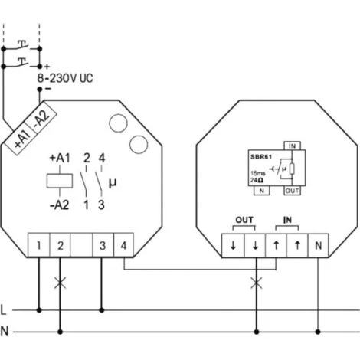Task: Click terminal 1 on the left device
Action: click(38, 246)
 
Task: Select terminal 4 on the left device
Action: click(123, 246)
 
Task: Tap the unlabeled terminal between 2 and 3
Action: click(80, 246)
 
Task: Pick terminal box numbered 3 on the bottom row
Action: click(102, 246)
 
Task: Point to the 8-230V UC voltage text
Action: click(67, 77)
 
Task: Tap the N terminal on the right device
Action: click(319, 246)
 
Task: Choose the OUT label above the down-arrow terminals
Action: click(244, 220)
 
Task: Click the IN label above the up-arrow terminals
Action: click(286, 220)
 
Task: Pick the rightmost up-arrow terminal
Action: click(297, 246)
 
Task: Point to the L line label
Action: click(5, 310)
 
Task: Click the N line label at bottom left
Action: click(5, 332)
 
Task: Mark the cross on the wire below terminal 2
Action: click(60, 283)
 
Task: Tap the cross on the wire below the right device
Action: click(254, 283)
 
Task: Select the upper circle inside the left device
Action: click(119, 123)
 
